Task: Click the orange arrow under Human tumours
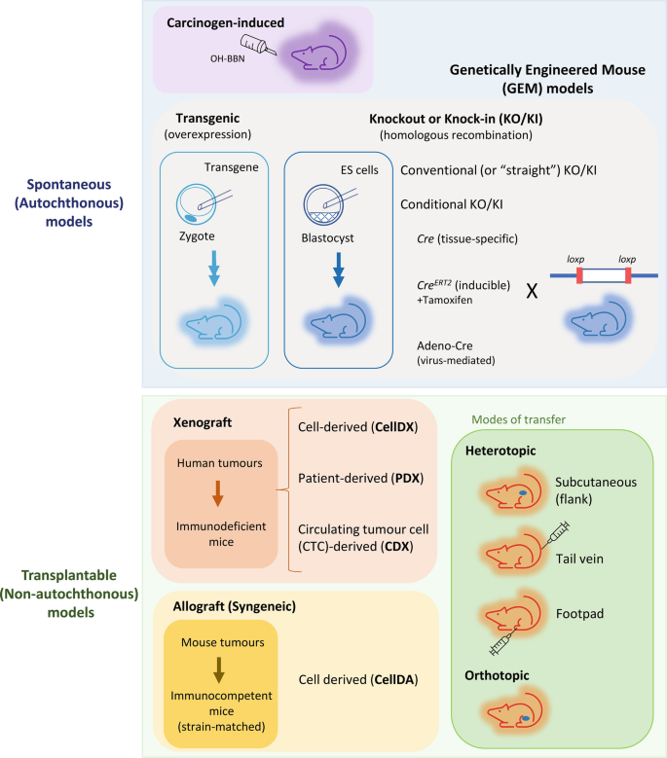pos(218,494)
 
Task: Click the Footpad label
pos(578,615)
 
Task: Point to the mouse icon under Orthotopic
pos(511,717)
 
